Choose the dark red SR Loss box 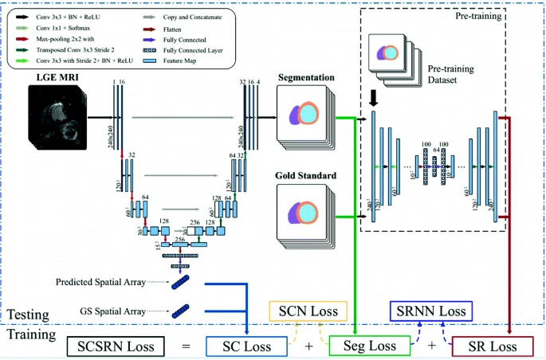tap(492, 346)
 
